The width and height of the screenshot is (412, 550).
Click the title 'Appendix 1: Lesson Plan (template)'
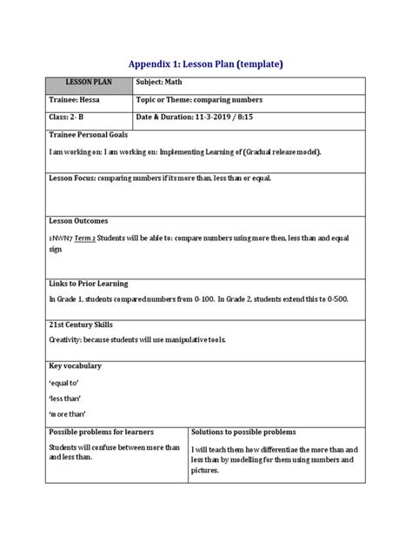pos(206,64)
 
